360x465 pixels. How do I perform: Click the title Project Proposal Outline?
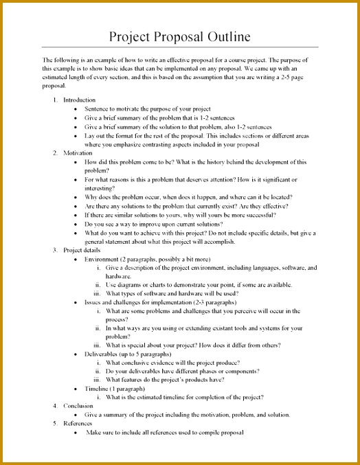pos(180,36)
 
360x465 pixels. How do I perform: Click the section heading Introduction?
pos(79,100)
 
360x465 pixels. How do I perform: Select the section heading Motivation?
pos(78,153)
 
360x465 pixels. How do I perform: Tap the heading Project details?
pos(82,251)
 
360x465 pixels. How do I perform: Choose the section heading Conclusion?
pos(78,406)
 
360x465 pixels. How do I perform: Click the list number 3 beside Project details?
pos(55,251)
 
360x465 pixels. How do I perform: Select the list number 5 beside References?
pos(55,424)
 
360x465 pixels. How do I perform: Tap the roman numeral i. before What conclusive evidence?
pos(100,363)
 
